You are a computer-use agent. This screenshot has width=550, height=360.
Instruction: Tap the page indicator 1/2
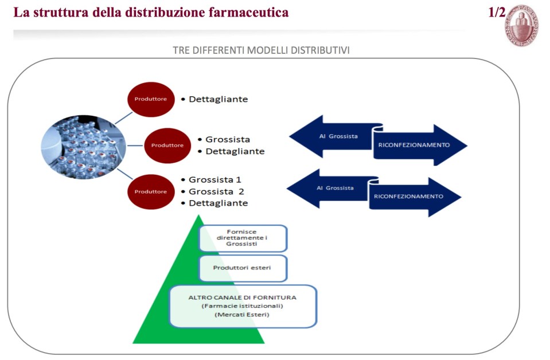(496, 13)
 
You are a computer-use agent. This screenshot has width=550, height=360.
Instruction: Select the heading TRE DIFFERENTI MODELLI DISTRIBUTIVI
(261, 50)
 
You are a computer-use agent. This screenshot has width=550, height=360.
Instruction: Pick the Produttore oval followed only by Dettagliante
(150, 99)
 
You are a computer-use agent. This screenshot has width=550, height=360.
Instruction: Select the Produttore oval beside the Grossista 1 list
(150, 191)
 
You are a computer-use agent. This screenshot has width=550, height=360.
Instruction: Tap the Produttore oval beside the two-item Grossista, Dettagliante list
(167, 145)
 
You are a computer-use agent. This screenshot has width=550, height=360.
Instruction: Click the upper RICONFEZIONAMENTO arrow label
(414, 145)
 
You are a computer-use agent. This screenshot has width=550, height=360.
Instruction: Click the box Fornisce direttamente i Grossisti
(243, 238)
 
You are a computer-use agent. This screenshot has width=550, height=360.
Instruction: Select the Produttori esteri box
(242, 268)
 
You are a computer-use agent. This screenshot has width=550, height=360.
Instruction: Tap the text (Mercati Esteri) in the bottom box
(243, 315)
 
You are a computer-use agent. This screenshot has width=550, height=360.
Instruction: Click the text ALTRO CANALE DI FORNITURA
(243, 298)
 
